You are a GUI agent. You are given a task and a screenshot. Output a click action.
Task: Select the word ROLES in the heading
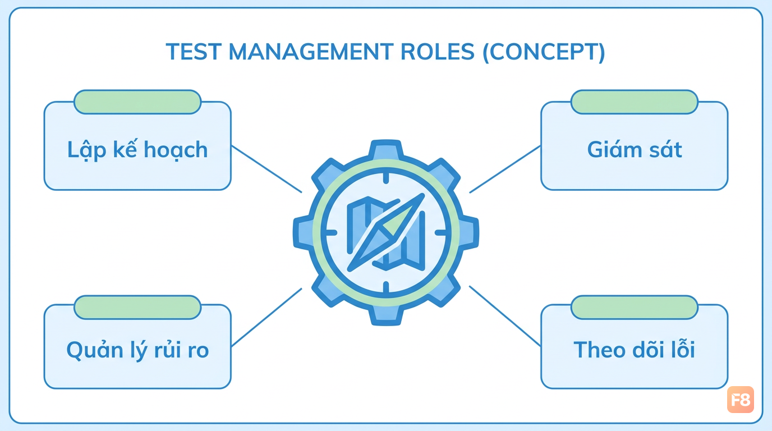438,52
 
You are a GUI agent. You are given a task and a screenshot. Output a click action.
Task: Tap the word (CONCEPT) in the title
544,52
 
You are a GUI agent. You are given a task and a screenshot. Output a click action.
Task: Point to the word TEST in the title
194,52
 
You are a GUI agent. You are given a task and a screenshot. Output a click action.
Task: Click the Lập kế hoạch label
137,150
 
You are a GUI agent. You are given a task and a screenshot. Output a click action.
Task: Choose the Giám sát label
635,150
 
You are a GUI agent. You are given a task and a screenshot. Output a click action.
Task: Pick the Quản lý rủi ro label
137,350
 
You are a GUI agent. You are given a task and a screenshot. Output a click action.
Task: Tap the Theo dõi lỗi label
634,349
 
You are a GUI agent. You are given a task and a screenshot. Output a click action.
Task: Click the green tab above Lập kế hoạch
137,102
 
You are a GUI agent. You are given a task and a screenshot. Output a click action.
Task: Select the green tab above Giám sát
635,102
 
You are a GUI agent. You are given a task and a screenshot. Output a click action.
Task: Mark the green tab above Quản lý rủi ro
137,307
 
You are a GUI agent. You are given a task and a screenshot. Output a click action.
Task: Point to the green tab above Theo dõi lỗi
635,307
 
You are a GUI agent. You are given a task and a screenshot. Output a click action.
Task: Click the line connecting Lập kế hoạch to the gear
266,169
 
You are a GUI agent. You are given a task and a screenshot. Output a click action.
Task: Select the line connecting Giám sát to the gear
505,169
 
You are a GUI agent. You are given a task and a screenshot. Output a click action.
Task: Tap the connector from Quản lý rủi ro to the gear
266,317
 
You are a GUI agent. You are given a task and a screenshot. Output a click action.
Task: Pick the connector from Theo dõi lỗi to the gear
505,316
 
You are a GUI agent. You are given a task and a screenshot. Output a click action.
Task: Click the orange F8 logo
741,400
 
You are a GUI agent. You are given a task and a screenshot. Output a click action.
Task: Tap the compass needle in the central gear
386,232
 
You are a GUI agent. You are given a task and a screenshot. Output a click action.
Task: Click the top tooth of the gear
386,149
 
